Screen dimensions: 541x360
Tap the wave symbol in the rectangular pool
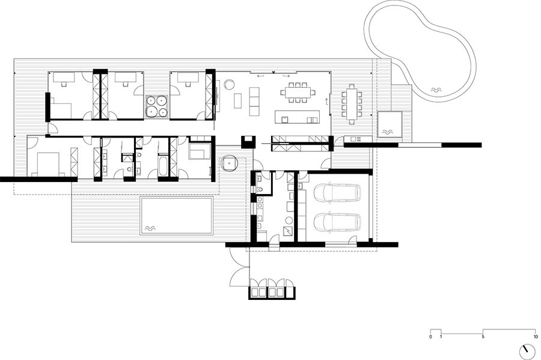(x=150, y=228)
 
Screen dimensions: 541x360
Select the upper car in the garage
(x=337, y=194)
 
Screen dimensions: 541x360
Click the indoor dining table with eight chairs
(x=298, y=93)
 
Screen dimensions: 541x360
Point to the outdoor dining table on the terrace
(x=351, y=103)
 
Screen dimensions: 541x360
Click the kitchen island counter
(x=298, y=117)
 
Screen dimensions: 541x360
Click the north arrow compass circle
(x=528, y=352)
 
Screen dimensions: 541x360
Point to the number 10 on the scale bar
(x=536, y=337)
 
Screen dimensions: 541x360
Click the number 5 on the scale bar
(x=483, y=337)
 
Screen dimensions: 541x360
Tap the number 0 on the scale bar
(x=430, y=337)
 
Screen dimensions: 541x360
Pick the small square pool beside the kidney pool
(x=389, y=124)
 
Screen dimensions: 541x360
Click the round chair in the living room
(x=229, y=84)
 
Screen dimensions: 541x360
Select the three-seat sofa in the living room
(x=254, y=101)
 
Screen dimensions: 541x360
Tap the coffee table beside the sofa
(x=238, y=101)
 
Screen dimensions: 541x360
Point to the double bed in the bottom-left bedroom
(x=49, y=164)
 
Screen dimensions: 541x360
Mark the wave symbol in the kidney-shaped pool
(x=436, y=90)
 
